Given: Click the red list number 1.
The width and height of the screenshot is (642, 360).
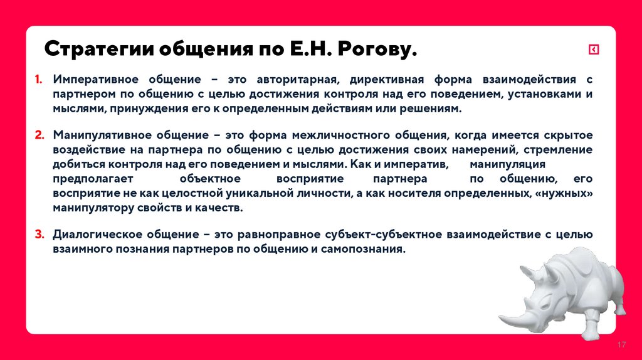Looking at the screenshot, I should pyautogui.click(x=38, y=80).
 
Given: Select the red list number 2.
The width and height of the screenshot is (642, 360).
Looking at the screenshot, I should pyautogui.click(x=39, y=135).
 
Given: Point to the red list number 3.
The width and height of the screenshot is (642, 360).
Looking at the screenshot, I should pyautogui.click(x=39, y=235).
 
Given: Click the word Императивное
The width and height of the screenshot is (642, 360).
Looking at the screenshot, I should pyautogui.click(x=95, y=80).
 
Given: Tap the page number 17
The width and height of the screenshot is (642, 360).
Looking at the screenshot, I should pyautogui.click(x=623, y=346).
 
